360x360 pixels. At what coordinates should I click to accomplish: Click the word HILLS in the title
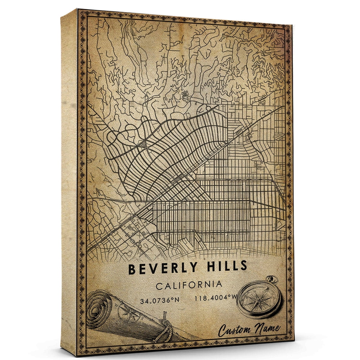225,266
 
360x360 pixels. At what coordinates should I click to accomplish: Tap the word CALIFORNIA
189,285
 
